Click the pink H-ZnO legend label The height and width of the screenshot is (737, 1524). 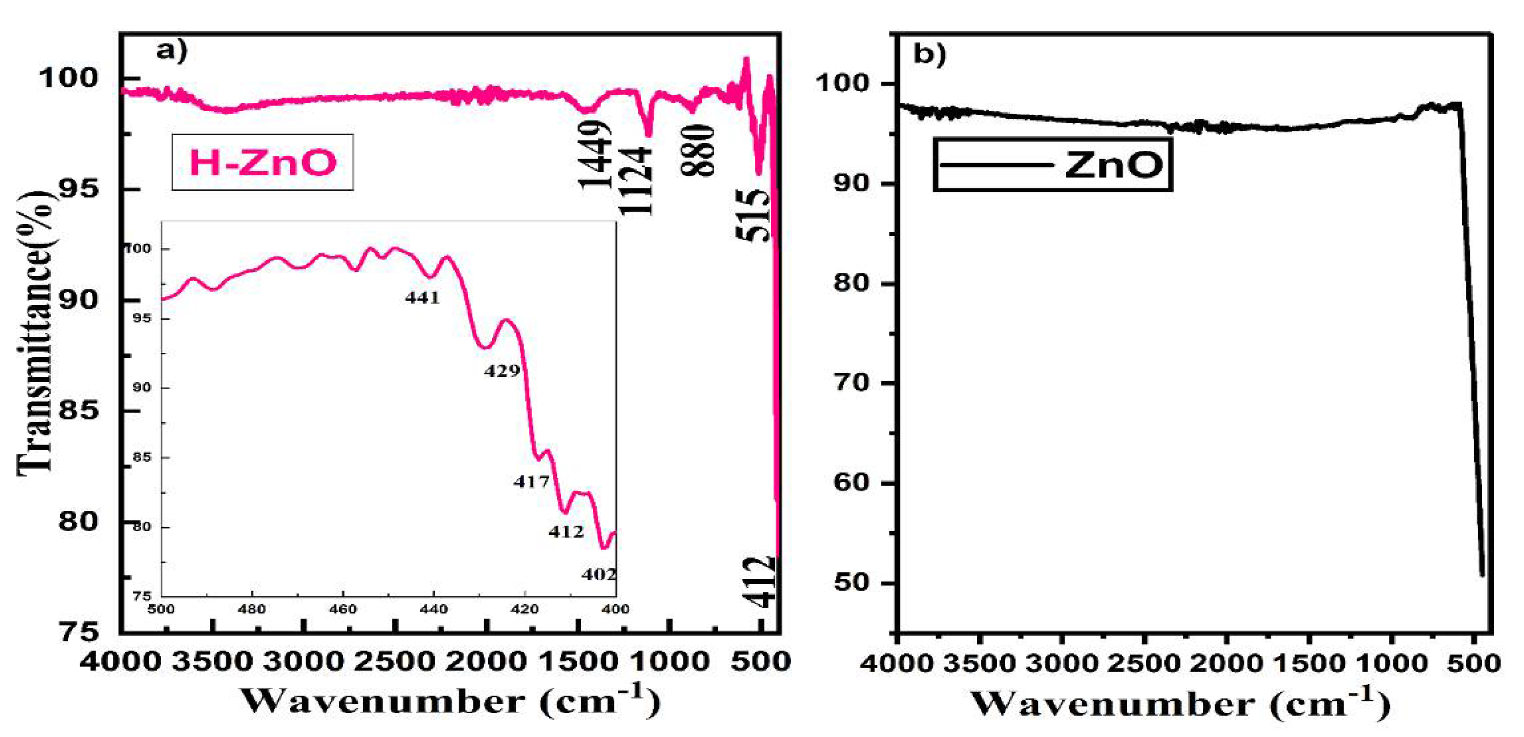coord(263,163)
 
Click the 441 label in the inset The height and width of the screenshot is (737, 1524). coord(423,298)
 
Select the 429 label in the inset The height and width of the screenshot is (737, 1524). coord(502,371)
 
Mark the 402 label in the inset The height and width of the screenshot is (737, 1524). coord(598,574)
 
